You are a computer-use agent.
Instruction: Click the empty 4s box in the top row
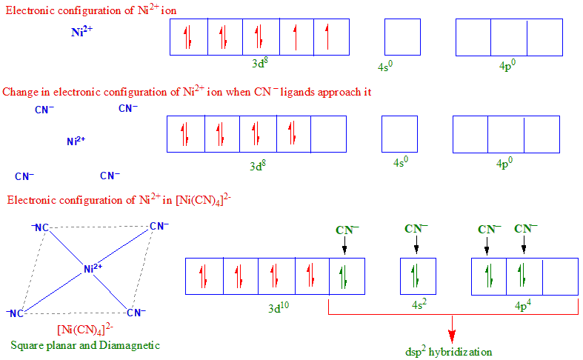[402, 37]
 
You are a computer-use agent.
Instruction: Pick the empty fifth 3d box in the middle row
[328, 134]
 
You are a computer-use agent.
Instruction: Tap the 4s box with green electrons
[418, 276]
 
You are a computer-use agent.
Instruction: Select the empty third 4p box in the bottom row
[560, 276]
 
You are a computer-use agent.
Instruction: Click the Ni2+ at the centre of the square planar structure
[93, 268]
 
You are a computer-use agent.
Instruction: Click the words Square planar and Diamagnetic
[85, 345]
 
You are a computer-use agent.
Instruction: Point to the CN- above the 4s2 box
[416, 229]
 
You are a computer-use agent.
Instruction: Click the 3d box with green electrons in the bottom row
[347, 276]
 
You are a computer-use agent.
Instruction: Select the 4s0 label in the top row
[385, 67]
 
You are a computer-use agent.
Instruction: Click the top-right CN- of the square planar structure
[159, 227]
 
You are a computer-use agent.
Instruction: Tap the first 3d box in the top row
[188, 37]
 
